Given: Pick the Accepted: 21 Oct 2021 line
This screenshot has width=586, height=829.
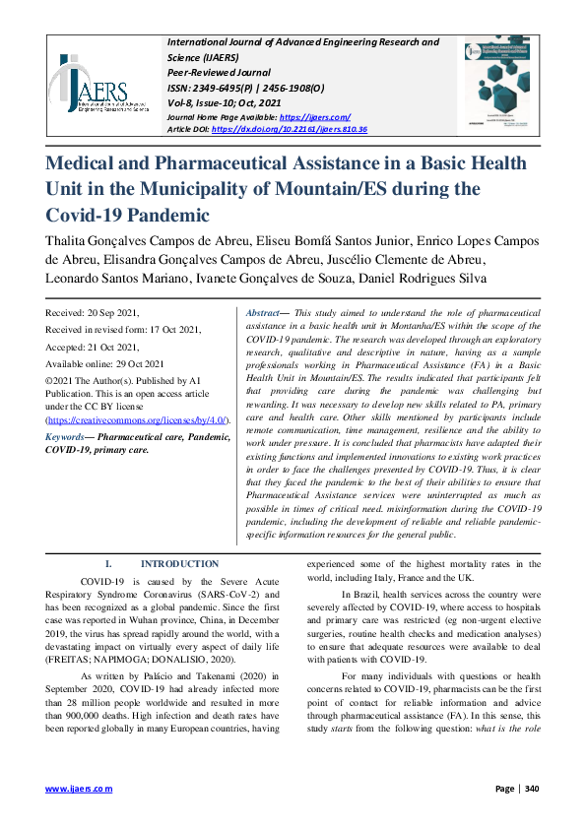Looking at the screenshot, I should pos(92,348).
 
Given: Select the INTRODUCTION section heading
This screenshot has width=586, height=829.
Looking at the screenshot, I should pos(179,564).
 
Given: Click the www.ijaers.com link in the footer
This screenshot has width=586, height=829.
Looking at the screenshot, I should pos(79,789).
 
